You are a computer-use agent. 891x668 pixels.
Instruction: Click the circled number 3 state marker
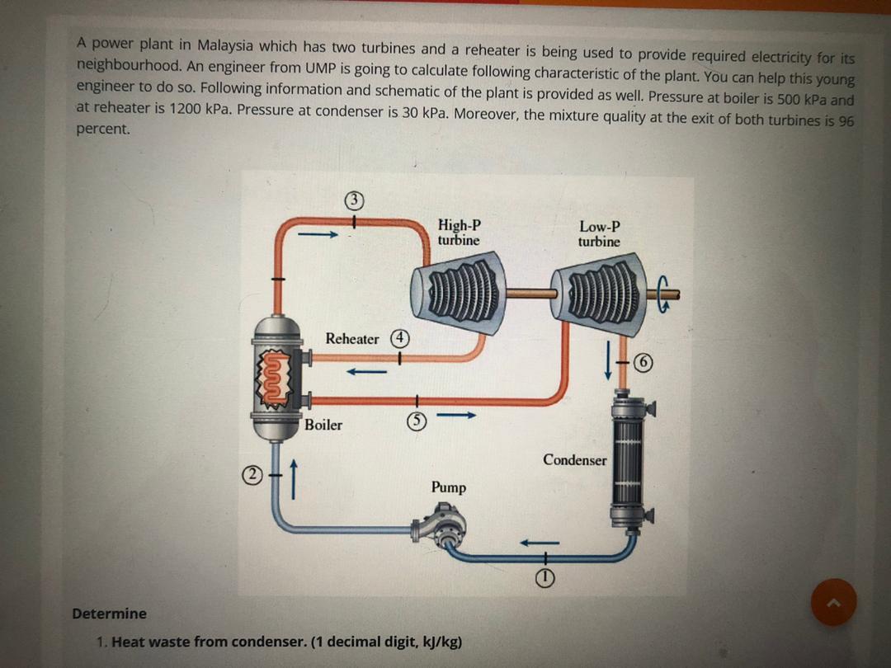354,199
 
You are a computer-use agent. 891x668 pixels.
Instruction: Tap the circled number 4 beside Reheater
399,338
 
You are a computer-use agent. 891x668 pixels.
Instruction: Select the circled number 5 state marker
417,421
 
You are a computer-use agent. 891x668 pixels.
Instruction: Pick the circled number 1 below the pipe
545,579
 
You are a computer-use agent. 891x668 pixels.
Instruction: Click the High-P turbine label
459,233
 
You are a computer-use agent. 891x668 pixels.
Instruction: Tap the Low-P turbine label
599,233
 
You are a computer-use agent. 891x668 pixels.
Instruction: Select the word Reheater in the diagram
352,339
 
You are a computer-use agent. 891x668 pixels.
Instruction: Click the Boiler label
323,426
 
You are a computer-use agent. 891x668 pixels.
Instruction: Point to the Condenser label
574,460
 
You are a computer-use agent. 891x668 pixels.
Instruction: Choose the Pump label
448,487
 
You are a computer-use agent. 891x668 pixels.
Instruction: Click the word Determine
109,614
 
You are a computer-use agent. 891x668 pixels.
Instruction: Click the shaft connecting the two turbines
529,292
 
